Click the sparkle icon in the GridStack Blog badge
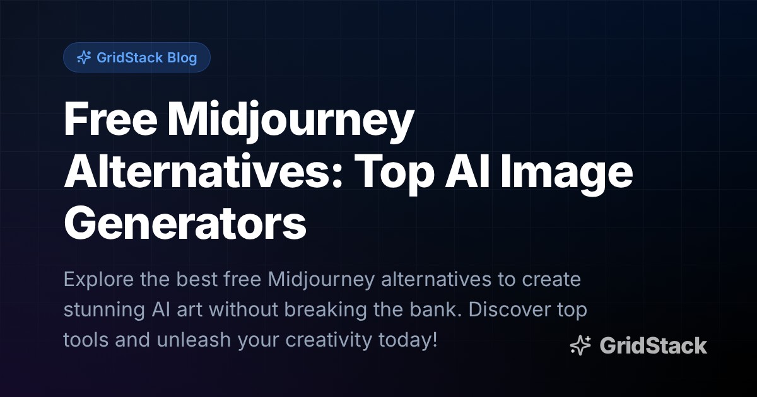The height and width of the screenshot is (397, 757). [84, 57]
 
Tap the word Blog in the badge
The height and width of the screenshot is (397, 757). [182, 58]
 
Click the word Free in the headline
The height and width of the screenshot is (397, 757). [110, 120]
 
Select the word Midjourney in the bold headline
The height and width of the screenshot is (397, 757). [291, 122]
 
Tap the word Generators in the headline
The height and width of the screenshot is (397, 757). [185, 224]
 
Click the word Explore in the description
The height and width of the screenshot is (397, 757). [98, 280]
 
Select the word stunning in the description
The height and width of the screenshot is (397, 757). [105, 310]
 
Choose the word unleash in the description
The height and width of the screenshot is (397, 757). [194, 339]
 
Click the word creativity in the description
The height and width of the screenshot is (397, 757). [329, 340]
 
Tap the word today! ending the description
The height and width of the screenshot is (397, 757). [408, 340]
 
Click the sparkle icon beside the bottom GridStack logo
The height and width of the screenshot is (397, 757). [580, 345]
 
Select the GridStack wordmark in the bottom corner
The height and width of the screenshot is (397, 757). [654, 346]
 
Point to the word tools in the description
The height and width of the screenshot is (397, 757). [86, 339]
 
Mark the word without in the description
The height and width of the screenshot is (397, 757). [244, 309]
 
